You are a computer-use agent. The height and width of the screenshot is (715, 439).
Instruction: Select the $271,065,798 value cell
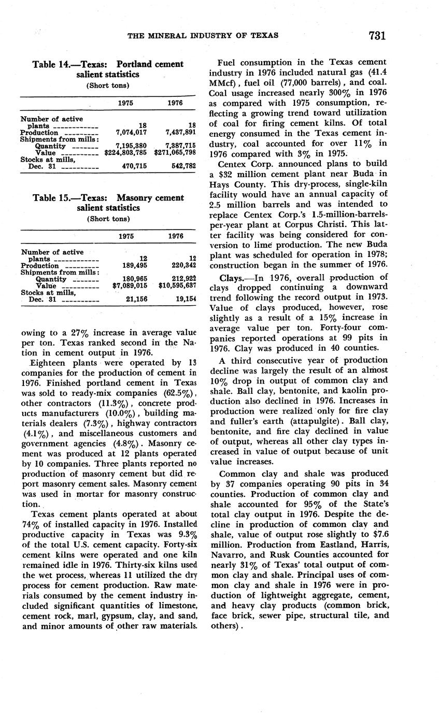click(x=175, y=153)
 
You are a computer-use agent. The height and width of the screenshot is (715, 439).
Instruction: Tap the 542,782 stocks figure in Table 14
click(x=182, y=166)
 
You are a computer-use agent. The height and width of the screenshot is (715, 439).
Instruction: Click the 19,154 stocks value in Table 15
click(x=184, y=299)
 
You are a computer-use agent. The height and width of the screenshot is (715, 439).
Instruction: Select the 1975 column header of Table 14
click(x=125, y=103)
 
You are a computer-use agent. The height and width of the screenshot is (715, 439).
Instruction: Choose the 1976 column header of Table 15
click(x=176, y=236)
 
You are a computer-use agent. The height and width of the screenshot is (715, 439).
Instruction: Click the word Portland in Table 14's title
click(x=134, y=64)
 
